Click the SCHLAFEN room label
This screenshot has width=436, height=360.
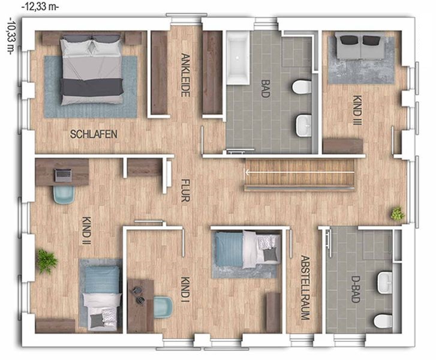pos(94,134)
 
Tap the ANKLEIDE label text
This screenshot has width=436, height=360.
pos(185,75)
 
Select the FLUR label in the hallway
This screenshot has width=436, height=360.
pos(185,190)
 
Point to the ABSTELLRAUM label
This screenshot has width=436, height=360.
pos(305,287)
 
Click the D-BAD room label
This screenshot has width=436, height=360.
pos(356,289)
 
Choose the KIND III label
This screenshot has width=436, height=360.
pos(357,110)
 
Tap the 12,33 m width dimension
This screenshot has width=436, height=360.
pos(40,7)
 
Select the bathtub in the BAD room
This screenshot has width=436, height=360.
pos(237,58)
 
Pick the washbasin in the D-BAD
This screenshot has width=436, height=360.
pos(385,283)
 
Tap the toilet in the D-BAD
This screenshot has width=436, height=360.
pos(383,321)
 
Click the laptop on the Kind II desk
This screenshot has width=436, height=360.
pos(63,175)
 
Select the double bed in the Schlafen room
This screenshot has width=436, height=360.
pos(92,70)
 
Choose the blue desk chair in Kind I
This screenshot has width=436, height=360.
pos(163,307)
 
